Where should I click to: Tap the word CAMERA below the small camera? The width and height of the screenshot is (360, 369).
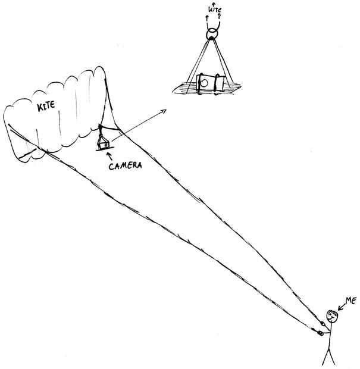(125, 166)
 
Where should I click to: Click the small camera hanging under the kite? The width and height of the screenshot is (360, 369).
(104, 144)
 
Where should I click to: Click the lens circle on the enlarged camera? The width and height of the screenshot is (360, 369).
(204, 83)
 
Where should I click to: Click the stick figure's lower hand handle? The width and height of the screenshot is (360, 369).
(321, 333)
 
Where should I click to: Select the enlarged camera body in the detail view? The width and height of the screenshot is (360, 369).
(211, 83)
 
